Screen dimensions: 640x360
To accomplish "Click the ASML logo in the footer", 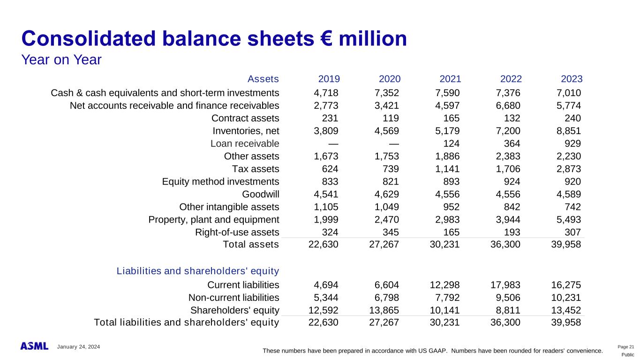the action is click(x=34, y=346).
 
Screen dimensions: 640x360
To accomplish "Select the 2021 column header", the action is click(x=450, y=79).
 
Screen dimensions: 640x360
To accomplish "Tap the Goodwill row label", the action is click(x=261, y=194).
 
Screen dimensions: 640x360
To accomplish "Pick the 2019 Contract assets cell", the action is click(x=330, y=118).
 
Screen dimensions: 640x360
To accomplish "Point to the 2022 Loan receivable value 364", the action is click(x=512, y=143).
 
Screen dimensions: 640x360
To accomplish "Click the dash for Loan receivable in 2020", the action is click(x=394, y=144).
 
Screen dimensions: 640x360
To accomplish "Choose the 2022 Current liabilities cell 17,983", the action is click(x=505, y=285).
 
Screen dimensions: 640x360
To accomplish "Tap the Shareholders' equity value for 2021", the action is click(x=444, y=310).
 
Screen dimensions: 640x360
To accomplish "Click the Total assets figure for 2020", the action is click(x=384, y=244).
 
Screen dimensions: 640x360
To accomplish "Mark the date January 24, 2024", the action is click(x=79, y=347).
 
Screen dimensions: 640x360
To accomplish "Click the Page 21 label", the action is click(x=626, y=347).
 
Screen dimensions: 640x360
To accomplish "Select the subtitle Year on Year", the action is click(x=61, y=60).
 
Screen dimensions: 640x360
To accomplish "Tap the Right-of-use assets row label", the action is click(x=237, y=232).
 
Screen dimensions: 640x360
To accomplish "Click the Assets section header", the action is click(x=263, y=79).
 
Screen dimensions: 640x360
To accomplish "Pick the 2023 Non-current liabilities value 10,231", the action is click(x=566, y=298).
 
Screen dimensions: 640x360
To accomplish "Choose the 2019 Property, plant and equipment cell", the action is click(x=326, y=220).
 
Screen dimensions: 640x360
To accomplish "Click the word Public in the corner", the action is click(x=628, y=354).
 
